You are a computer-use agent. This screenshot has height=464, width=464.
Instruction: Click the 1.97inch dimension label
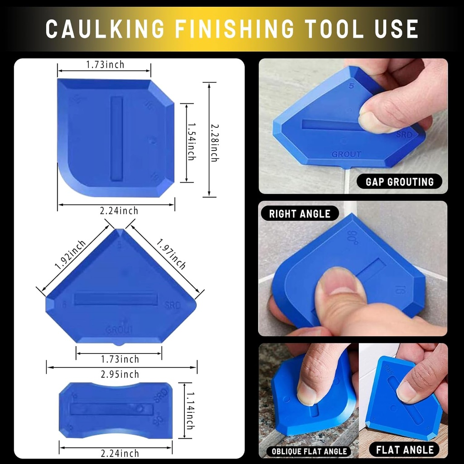tap(171, 254)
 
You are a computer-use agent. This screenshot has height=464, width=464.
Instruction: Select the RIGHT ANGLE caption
tap(300, 213)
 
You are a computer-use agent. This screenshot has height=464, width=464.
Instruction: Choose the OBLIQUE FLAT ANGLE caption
tap(309, 451)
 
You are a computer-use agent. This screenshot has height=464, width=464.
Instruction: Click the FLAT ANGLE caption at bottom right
tap(405, 449)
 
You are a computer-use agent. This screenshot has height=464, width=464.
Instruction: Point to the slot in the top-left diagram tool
tap(116, 138)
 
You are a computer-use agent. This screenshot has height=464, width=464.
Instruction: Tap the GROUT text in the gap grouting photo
tap(347, 154)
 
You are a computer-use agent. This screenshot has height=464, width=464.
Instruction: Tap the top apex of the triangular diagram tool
tap(120, 231)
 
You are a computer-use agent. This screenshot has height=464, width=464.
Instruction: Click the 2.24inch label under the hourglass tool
tap(119, 453)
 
